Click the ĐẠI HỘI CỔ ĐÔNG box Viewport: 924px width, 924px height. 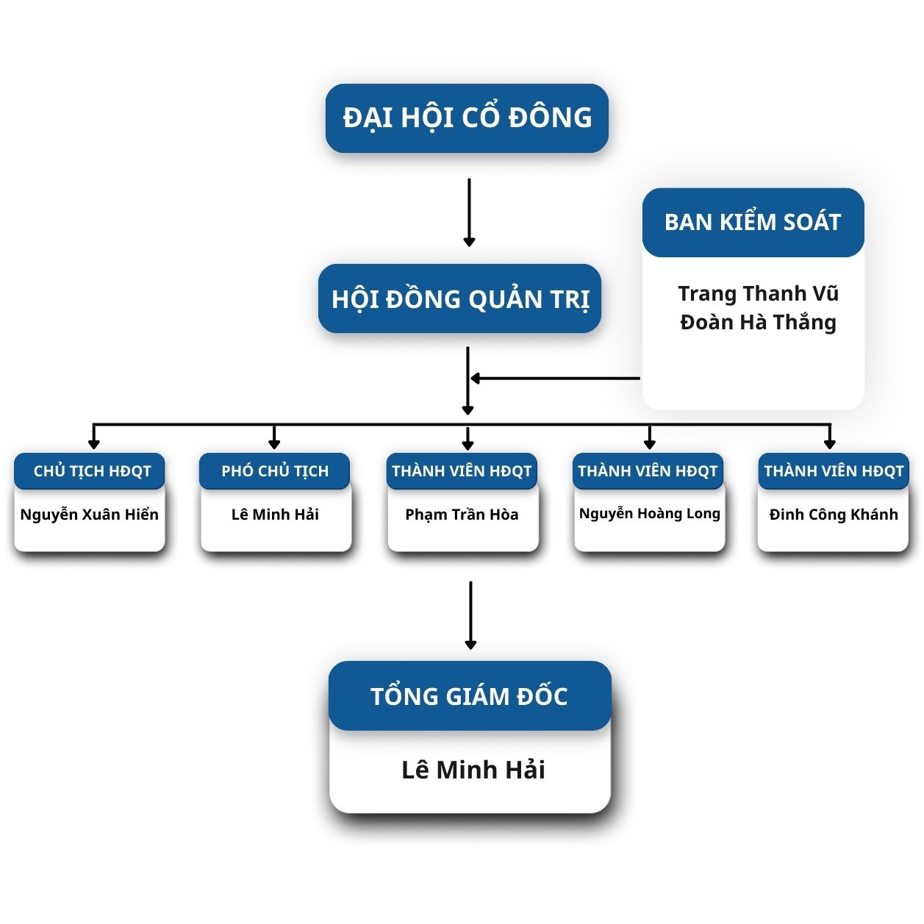pos(467,118)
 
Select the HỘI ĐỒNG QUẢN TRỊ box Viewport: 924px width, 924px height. pos(460,298)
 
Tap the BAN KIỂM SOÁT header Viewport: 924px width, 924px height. pos(753,222)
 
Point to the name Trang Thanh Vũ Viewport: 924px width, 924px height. pos(758,293)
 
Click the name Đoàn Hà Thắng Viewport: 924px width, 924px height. pos(758,322)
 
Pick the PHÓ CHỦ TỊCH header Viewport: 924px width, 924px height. pos(275,471)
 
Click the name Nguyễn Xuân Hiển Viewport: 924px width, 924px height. pos(90,515)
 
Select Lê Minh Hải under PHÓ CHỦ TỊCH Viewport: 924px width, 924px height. pos(275,515)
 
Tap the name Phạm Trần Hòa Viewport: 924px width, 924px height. pos(462,515)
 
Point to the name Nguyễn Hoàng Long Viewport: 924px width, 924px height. pos(649,514)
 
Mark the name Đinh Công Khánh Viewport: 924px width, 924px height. pos(834,515)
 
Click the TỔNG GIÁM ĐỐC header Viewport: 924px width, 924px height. pos(470,696)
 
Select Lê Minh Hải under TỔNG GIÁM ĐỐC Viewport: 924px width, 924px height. pos(473,770)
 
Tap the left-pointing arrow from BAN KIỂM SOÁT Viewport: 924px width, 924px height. pos(555,379)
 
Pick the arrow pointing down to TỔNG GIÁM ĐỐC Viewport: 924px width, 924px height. pos(470,615)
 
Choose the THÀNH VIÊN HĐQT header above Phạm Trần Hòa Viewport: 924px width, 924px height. pos(462,471)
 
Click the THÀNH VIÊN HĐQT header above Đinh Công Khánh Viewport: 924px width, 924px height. pos(834,471)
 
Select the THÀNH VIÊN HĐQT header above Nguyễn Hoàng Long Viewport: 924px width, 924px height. pos(648,471)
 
